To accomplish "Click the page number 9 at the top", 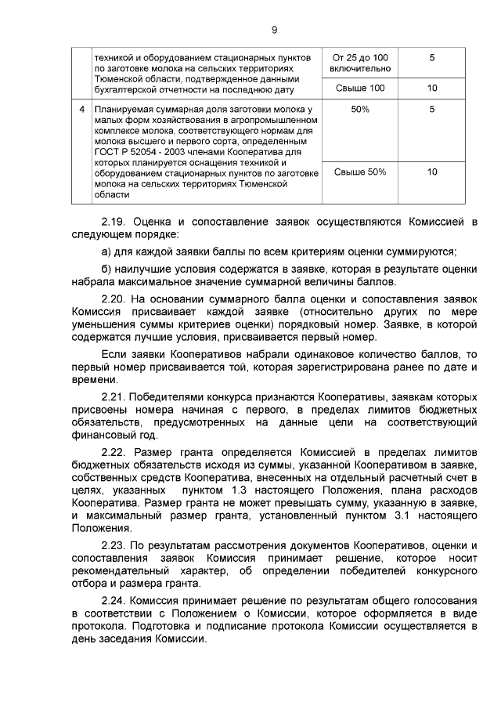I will pyautogui.click(x=274, y=31).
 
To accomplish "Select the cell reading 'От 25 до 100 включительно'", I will pyautogui.click(x=360, y=63).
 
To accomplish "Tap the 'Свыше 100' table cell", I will pyautogui.click(x=360, y=88).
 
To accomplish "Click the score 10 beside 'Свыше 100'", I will pyautogui.click(x=432, y=88).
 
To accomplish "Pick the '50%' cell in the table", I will pyautogui.click(x=360, y=109).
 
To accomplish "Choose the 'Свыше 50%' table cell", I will pyautogui.click(x=360, y=172).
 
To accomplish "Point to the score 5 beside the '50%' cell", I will pyautogui.click(x=432, y=109).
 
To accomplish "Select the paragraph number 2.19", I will pyautogui.click(x=116, y=222).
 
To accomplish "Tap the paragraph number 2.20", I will pyautogui.click(x=116, y=298).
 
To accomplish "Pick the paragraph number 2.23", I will pyautogui.click(x=116, y=544).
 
